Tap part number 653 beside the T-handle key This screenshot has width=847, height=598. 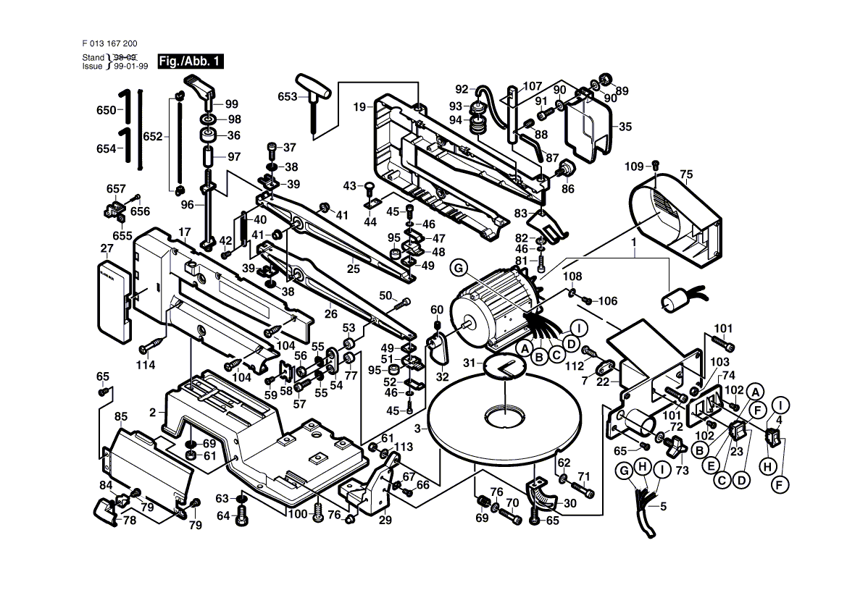point(288,97)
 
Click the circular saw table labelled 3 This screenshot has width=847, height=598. point(505,420)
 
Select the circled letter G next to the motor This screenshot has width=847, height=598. point(457,268)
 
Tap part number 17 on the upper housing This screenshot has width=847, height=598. point(184,232)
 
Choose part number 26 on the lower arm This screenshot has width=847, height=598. point(331,315)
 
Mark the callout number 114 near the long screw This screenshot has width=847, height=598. point(147,366)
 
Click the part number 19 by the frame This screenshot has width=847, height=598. point(360,107)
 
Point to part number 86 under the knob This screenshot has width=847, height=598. point(567,190)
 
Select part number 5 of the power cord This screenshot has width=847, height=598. point(662,506)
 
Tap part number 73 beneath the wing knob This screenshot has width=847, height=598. point(680,471)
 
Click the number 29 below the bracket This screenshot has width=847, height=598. point(385,520)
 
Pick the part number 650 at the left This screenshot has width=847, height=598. point(106,111)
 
